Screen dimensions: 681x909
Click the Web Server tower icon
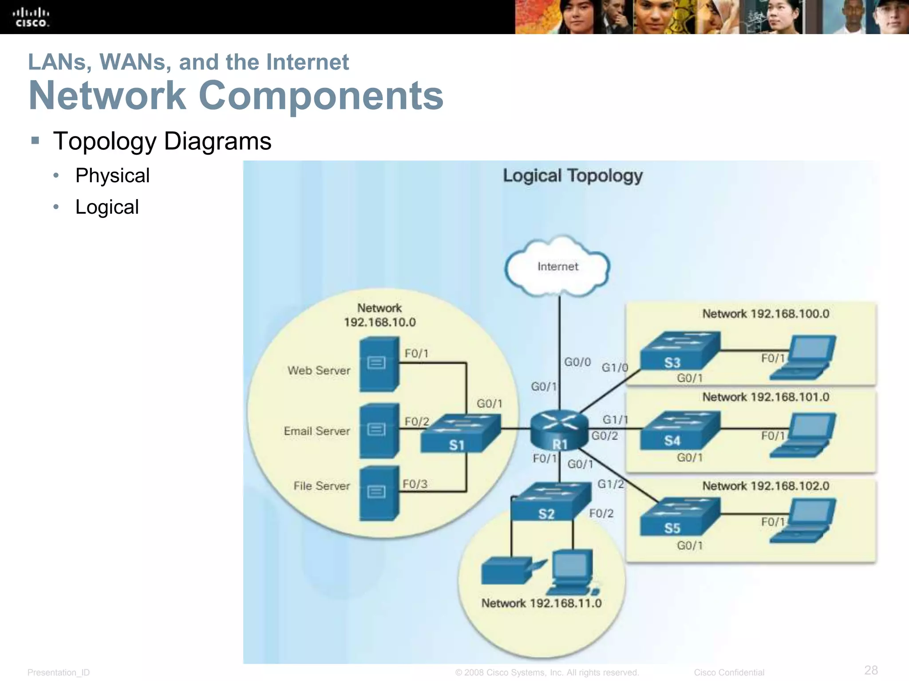[379, 364]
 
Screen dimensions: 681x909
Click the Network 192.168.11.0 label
[541, 603]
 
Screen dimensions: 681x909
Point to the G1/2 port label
[610, 484]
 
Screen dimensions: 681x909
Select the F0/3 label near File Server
[415, 484]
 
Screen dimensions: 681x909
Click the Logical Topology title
[573, 176]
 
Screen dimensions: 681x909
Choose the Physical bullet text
[112, 176]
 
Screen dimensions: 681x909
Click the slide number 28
[871, 670]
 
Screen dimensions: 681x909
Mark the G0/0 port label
[577, 362]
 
